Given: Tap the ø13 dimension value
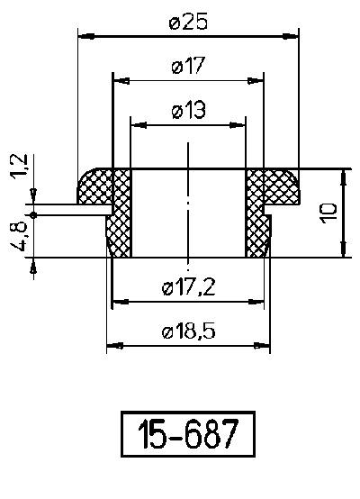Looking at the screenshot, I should [x=187, y=111].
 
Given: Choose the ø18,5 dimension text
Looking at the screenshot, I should [x=189, y=331].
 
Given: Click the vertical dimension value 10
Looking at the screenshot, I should [x=328, y=213].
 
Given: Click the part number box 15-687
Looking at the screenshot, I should [x=188, y=436].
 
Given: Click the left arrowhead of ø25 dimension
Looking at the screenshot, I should [x=85, y=36].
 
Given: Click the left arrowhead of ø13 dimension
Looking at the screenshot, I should [x=137, y=124].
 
